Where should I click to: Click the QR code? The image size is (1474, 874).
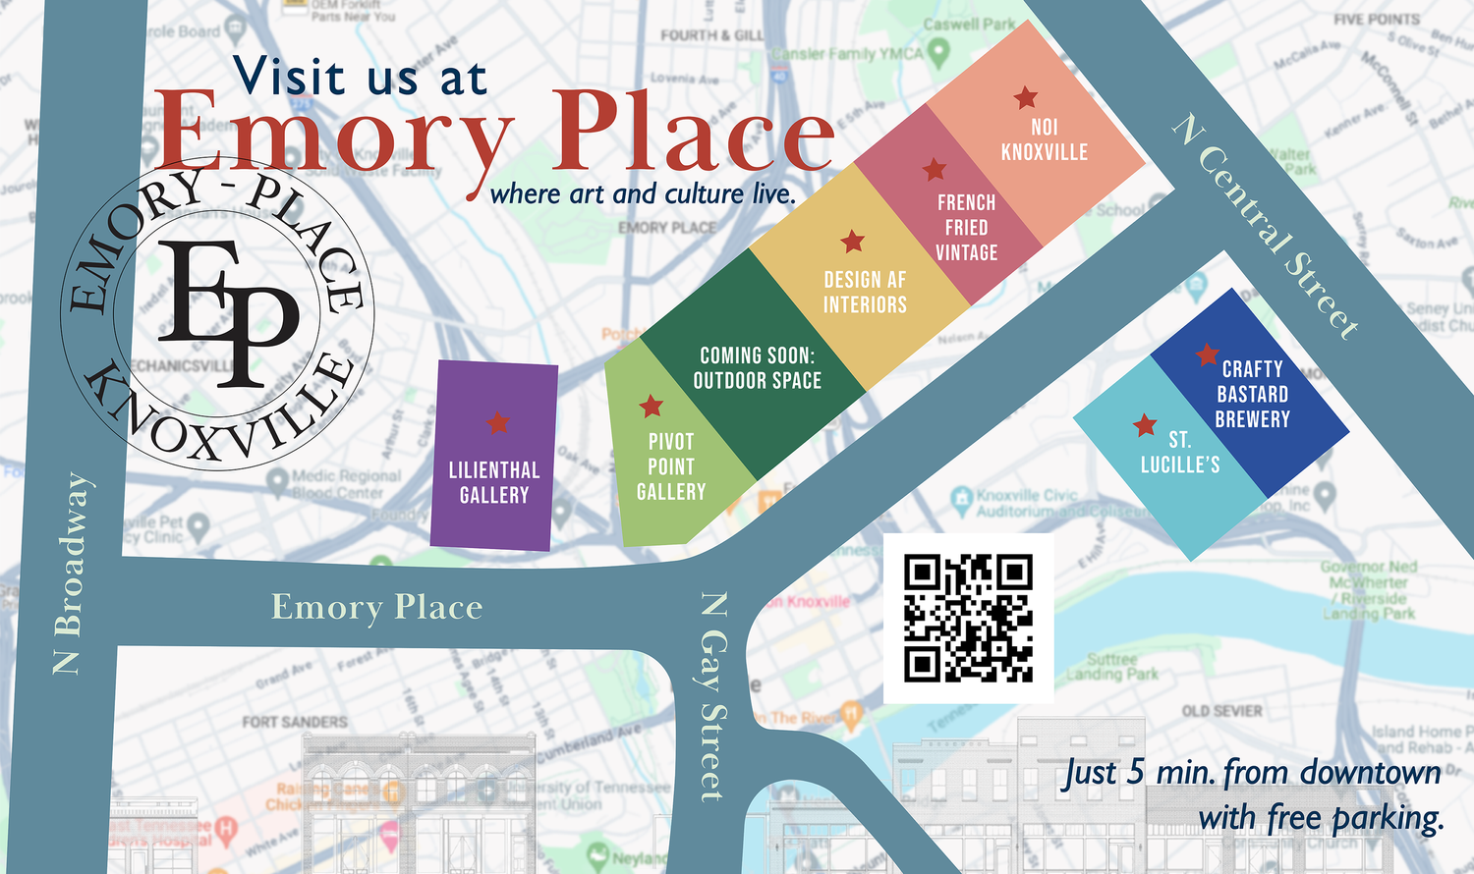point(968,618)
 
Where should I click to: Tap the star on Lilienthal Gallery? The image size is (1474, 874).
point(498,422)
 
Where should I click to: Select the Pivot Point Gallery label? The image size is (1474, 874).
point(671,466)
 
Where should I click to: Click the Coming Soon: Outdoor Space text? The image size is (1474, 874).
point(757,367)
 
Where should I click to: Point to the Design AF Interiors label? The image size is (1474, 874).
point(865,292)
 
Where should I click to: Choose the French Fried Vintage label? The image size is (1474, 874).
point(966,227)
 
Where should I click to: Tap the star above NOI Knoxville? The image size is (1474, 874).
point(1026,97)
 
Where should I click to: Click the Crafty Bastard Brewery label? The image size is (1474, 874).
point(1252,394)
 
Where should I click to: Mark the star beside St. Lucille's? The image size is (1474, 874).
point(1145,425)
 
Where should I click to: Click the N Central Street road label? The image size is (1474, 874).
point(1267,227)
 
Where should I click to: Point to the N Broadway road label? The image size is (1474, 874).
point(68,574)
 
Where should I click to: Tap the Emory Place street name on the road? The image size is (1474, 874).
point(377,607)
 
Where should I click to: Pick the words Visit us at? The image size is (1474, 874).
point(360,76)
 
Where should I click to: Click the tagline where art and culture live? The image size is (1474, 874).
point(643,193)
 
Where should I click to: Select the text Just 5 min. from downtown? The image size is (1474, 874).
point(1253,773)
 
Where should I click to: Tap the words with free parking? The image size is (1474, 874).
point(1321,817)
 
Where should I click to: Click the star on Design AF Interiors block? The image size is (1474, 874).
point(853,241)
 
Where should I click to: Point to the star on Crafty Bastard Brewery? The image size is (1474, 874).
point(1208,355)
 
